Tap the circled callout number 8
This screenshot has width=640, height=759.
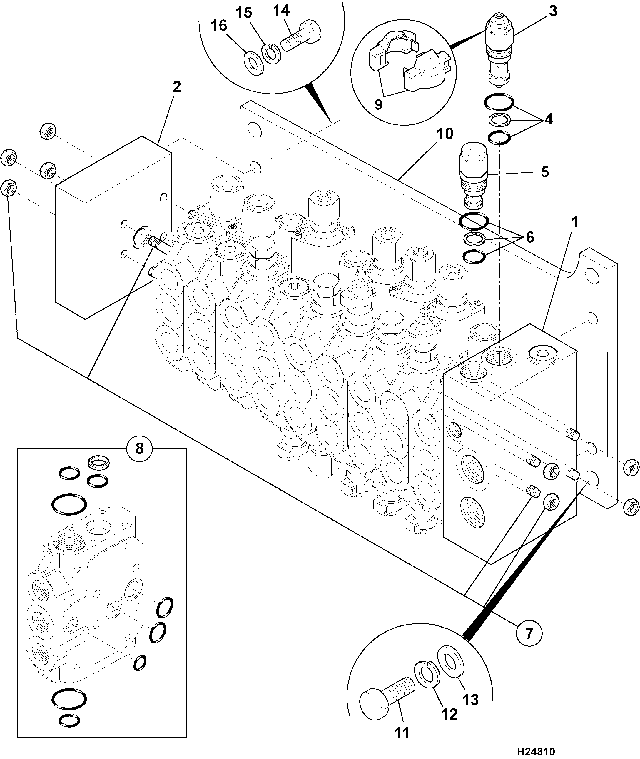[139, 449]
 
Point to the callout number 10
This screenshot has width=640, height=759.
[445, 134]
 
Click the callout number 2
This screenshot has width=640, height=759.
[177, 87]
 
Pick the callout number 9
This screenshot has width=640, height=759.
[378, 104]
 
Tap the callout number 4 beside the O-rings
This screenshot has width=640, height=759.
[548, 119]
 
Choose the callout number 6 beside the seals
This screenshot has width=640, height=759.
[530, 237]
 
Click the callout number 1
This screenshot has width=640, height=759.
[575, 222]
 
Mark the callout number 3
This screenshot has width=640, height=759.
[553, 11]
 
